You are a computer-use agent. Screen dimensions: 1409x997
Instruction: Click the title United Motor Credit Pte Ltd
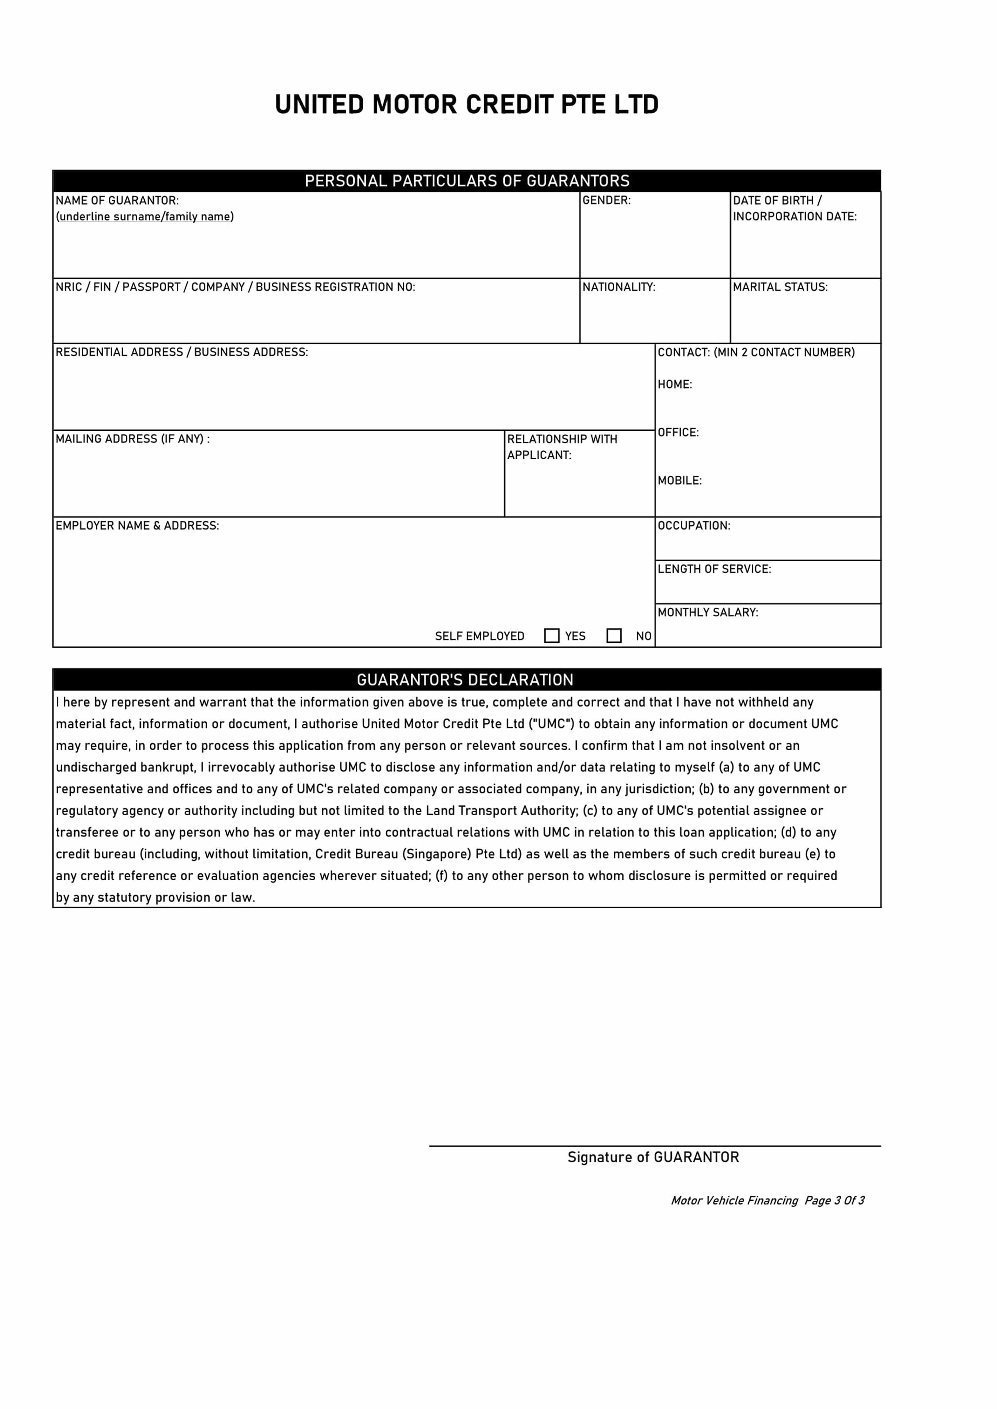pyautogui.click(x=466, y=104)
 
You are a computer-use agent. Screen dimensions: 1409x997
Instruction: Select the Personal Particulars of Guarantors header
pyautogui.click(x=466, y=181)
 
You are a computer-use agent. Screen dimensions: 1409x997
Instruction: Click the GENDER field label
pyautogui.click(x=606, y=200)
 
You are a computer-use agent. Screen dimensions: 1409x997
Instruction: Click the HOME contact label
pyautogui.click(x=675, y=384)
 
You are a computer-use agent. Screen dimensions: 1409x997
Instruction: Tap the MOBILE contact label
pyautogui.click(x=679, y=480)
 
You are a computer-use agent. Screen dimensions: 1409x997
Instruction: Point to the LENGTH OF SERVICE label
pyautogui.click(x=714, y=569)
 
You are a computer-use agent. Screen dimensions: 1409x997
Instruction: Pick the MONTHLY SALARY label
pyautogui.click(x=708, y=612)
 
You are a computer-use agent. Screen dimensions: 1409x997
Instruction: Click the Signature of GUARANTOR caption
pyautogui.click(x=653, y=1157)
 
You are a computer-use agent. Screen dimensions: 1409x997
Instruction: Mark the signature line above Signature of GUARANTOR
pyautogui.click(x=655, y=1146)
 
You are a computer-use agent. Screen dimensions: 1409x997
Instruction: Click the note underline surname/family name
pyautogui.click(x=145, y=217)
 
